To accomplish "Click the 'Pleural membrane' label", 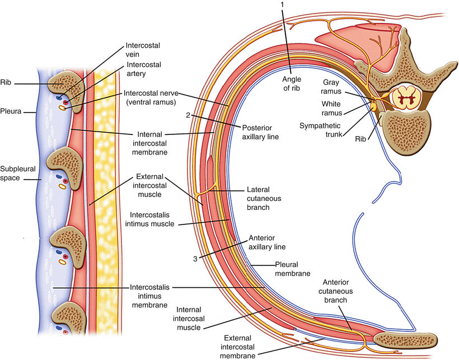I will pyautogui.click(x=293, y=269).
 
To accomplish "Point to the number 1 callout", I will pyautogui.click(x=284, y=4).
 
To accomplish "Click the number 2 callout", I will pyautogui.click(x=189, y=116).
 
